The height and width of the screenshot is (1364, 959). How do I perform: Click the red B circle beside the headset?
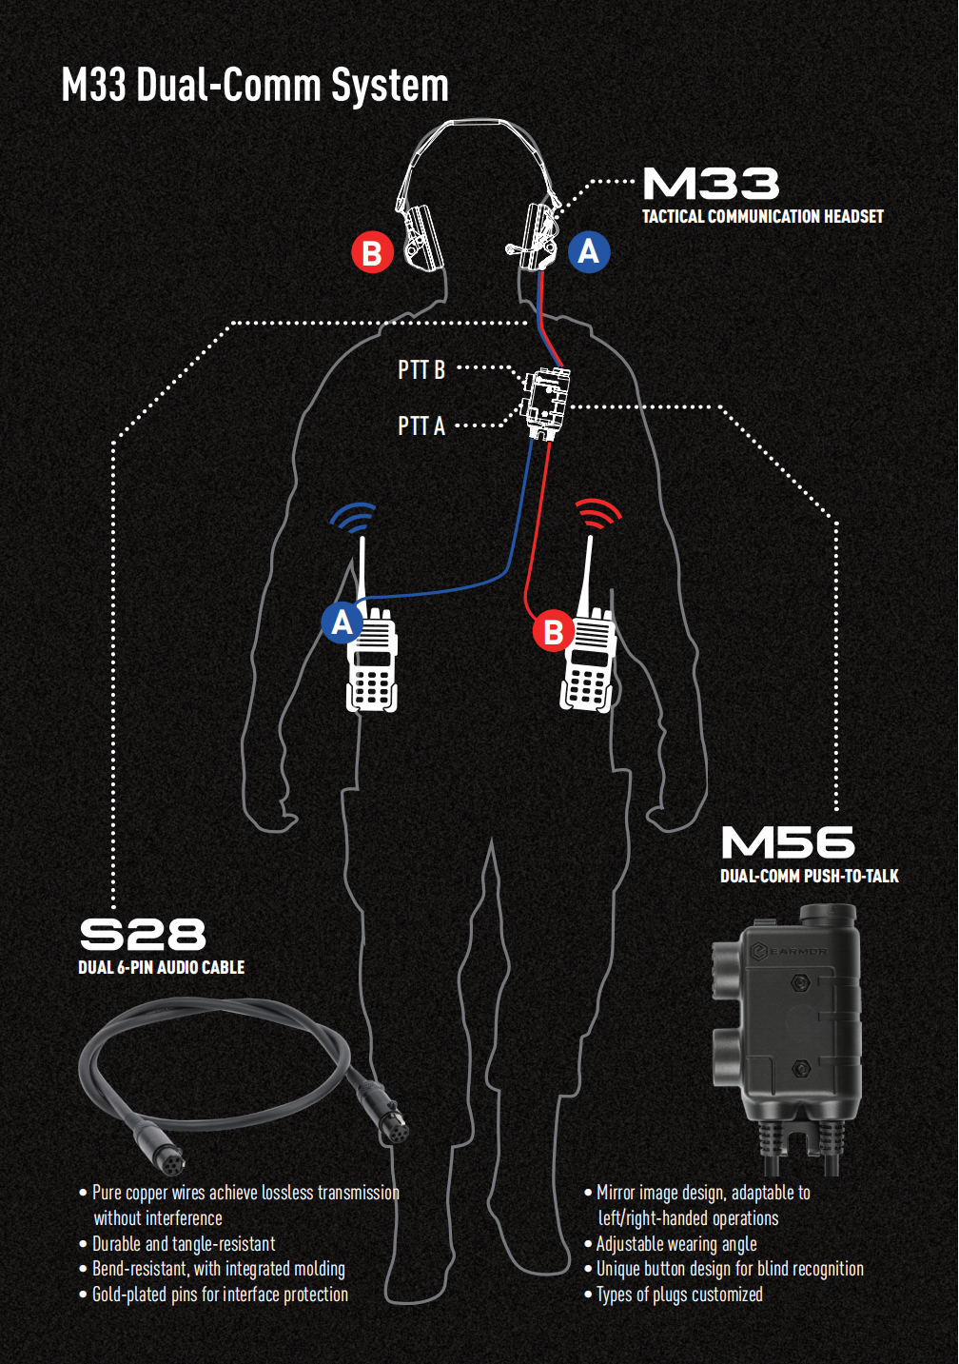click(x=372, y=253)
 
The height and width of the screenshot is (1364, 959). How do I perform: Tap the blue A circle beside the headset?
click(x=589, y=251)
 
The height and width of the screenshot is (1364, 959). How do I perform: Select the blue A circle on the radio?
click(x=342, y=623)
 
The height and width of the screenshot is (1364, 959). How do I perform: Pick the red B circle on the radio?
click(x=553, y=631)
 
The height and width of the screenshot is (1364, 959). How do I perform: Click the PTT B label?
click(x=421, y=369)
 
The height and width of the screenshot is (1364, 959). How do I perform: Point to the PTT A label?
click(x=421, y=425)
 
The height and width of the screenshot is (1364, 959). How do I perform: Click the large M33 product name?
click(x=711, y=184)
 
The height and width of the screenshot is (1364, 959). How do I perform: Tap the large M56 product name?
click(x=788, y=843)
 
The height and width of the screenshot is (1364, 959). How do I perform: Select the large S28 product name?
click(x=143, y=935)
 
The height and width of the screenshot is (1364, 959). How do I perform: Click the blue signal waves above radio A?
click(x=354, y=517)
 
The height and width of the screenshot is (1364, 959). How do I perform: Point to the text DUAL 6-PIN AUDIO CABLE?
click(x=161, y=967)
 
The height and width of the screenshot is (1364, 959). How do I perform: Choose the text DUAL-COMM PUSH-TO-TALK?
click(x=809, y=876)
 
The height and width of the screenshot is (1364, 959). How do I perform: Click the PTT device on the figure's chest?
click(x=546, y=404)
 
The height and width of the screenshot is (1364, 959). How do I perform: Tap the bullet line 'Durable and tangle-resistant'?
click(x=183, y=1244)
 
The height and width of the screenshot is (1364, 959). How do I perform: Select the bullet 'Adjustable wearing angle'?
click(x=675, y=1244)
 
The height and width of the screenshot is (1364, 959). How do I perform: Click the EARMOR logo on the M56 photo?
click(x=790, y=951)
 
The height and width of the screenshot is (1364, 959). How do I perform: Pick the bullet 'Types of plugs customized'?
click(x=678, y=1295)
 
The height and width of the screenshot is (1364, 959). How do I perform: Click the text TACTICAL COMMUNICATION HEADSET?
click(x=762, y=217)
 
